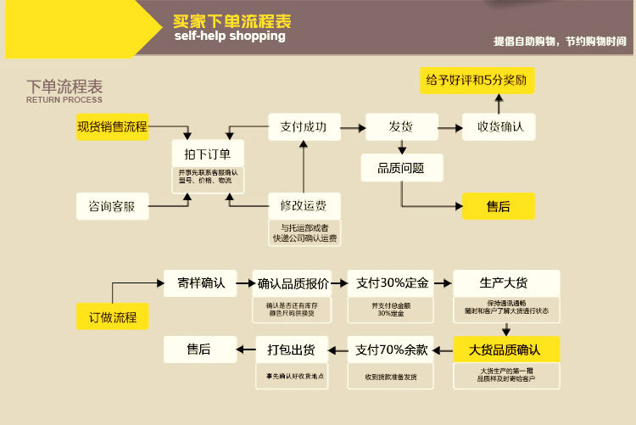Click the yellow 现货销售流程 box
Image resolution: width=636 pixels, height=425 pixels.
pos(112,127)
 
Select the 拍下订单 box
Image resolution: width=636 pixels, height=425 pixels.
pos(208,153)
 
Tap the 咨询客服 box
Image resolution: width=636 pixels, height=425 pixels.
pos(112,206)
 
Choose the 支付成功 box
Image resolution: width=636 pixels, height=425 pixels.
pos(303,127)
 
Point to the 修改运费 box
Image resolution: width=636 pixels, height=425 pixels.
pos(303,205)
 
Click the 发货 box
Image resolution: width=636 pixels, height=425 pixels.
pos(400,127)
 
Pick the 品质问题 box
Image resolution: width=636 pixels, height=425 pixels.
pos(400,168)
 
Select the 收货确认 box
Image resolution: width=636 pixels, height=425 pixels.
pos(499,127)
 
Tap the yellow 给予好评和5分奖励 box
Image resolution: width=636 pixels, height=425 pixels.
pos(477,81)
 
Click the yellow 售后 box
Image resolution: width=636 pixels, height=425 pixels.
pos(499,206)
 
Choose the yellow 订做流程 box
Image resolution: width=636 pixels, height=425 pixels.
pos(112,317)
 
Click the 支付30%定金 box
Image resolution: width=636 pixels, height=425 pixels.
pos(391,282)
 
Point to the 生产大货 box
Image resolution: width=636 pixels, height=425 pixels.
pos(506,282)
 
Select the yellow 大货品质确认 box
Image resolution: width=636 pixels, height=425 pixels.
pos(505,349)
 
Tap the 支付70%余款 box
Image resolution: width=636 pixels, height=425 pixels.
pos(391,349)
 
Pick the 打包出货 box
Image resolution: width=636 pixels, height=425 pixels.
pos(292,349)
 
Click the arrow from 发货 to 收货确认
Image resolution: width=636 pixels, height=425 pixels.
pos(449,127)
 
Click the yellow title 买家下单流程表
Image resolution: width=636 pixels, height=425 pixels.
pos(232,21)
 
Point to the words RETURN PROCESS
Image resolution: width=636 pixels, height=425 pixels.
pos(64,100)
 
